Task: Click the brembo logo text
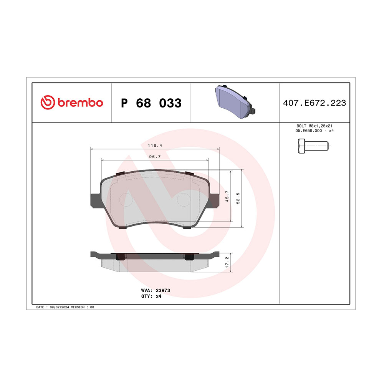click(80, 103)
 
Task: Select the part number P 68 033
click(151, 103)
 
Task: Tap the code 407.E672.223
click(314, 103)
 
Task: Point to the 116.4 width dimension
click(155, 146)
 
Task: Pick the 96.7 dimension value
click(155, 157)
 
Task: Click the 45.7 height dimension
click(227, 196)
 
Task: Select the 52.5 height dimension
click(238, 198)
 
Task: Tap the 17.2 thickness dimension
click(227, 262)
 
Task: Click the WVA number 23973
click(163, 290)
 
